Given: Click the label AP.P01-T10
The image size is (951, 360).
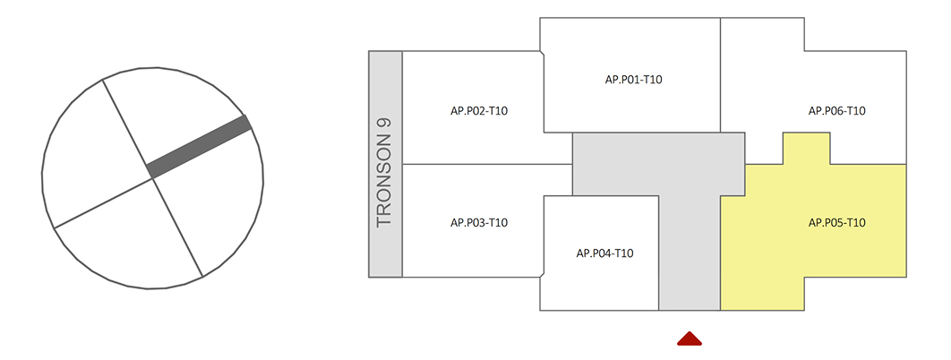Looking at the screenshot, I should pyautogui.click(x=633, y=80).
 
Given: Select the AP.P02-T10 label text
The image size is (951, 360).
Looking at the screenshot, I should pyautogui.click(x=479, y=111).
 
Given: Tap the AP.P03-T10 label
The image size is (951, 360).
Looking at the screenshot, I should pyautogui.click(x=479, y=222).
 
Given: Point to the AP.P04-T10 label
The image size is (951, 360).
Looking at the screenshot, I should pyautogui.click(x=604, y=253).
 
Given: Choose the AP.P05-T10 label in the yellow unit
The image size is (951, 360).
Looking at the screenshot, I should pyautogui.click(x=836, y=222).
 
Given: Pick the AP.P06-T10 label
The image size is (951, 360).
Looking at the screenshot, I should pyautogui.click(x=836, y=111).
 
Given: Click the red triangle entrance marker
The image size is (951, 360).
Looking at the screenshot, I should pyautogui.click(x=689, y=339).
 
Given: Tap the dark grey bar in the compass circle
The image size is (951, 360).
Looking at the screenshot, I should pyautogui.click(x=199, y=146).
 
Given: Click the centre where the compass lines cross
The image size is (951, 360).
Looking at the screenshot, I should pyautogui.click(x=153, y=178).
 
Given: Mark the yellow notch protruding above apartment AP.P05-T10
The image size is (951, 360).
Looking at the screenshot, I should pyautogui.click(x=806, y=149).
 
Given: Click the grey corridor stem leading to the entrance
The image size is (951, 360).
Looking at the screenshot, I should pyautogui.click(x=690, y=260).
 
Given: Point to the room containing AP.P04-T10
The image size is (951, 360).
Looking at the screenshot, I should pyautogui.click(x=602, y=278).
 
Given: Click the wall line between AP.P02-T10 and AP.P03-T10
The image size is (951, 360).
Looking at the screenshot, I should pyautogui.click(x=484, y=165).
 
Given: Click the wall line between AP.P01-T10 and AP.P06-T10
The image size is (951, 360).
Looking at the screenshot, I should pyautogui.click(x=721, y=76).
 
